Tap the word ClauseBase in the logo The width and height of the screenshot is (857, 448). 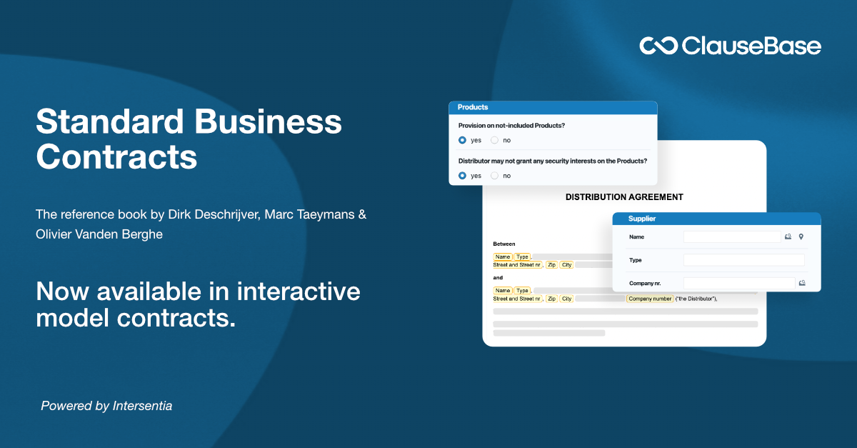(751, 46)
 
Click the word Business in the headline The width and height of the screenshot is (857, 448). (269, 122)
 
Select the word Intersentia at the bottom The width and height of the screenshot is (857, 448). (143, 406)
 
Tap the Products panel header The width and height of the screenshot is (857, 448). (553, 107)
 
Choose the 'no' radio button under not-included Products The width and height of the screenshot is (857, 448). (494, 140)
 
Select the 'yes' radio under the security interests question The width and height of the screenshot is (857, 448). (462, 175)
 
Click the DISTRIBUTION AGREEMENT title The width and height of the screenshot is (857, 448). (624, 197)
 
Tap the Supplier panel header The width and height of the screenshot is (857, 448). (716, 219)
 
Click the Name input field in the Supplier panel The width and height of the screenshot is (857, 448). (732, 237)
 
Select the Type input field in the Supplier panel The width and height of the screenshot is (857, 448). (743, 260)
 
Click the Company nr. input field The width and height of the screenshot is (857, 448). (738, 283)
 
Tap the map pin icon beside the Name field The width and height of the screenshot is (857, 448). (801, 237)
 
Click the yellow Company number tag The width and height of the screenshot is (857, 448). (650, 299)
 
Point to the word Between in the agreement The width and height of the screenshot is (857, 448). (504, 244)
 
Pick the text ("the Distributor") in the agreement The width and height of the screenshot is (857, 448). (696, 299)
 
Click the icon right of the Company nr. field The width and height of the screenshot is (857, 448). (802, 283)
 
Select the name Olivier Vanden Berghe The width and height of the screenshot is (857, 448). (99, 234)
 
